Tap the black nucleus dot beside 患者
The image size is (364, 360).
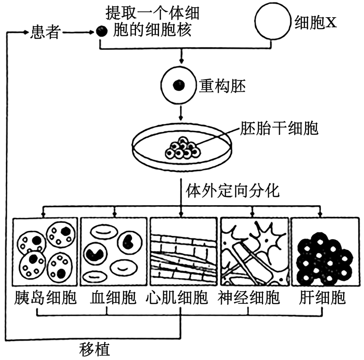102,32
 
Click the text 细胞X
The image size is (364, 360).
315,22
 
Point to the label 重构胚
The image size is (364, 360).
222,85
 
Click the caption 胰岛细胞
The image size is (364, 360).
44,298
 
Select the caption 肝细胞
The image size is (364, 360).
322,298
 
